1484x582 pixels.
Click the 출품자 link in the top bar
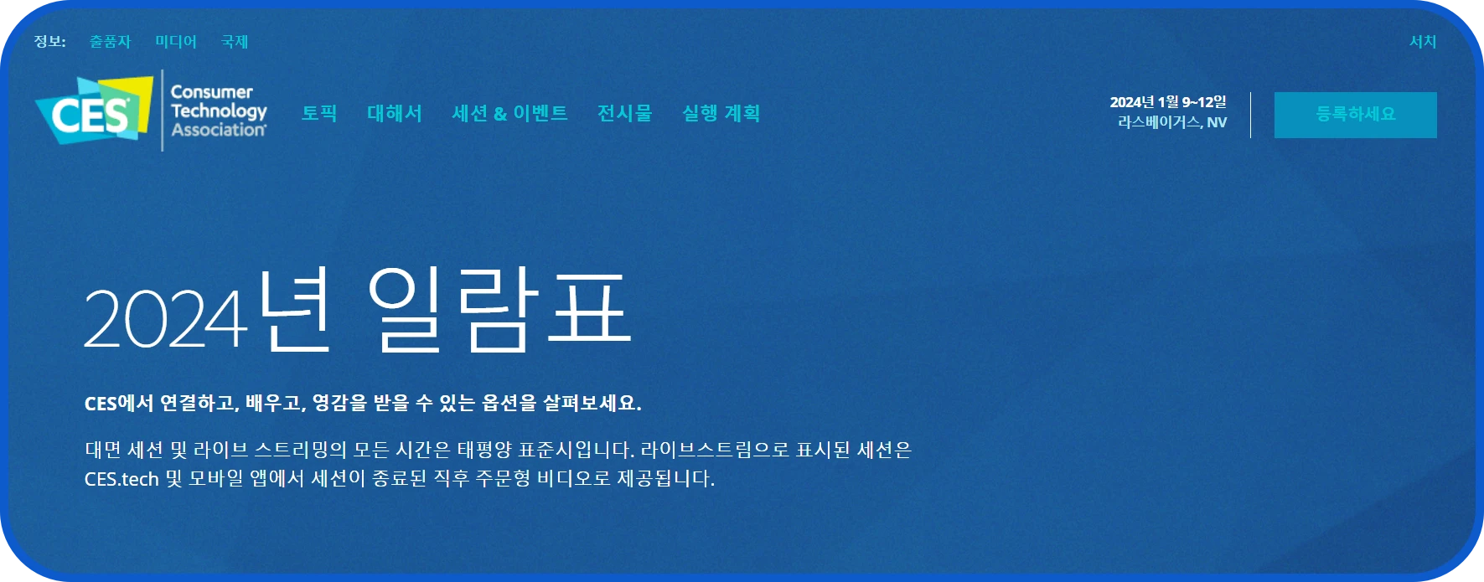tap(111, 42)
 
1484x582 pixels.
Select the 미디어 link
tap(176, 42)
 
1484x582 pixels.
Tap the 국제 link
tap(235, 42)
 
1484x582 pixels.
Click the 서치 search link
tap(1422, 42)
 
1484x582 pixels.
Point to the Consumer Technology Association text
tap(218, 111)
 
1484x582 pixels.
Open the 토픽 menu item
tap(319, 113)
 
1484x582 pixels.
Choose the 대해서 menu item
tap(395, 113)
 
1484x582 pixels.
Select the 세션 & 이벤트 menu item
tap(509, 113)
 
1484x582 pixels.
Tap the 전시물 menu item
tap(624, 113)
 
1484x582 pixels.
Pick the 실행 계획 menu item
tap(721, 113)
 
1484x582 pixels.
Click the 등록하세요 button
tap(1355, 115)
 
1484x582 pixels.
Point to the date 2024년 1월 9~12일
tap(1168, 102)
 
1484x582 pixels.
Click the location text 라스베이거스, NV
tap(1171, 122)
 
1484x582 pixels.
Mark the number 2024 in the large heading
tap(165, 320)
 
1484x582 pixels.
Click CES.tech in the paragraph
tap(122, 480)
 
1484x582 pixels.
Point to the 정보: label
tap(49, 42)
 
